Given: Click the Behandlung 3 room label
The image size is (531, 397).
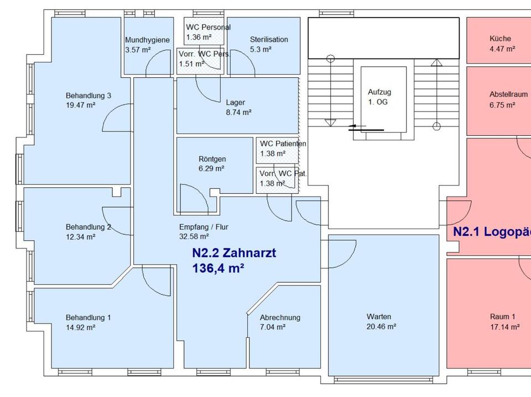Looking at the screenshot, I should click(88, 96).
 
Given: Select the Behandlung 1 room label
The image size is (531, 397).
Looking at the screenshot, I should click(88, 317).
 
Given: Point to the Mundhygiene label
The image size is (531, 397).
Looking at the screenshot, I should click(147, 40).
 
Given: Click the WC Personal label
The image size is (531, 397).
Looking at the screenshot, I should click(208, 27).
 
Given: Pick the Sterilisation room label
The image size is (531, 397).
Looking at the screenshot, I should click(269, 40).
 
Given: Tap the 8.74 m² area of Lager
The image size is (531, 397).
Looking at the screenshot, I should click(238, 112).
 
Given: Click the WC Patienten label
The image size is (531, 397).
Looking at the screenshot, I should click(283, 144).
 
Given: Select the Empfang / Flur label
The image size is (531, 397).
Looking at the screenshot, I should click(204, 227).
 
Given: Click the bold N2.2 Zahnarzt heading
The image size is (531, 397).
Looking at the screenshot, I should click(234, 253).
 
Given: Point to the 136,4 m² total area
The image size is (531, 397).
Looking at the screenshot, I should click(218, 269).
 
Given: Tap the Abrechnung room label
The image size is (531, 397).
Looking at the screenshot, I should click(280, 317).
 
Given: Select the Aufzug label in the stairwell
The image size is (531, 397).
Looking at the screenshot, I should click(379, 93).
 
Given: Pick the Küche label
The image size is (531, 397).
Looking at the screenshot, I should click(500, 39).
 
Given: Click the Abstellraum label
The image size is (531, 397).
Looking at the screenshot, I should click(508, 94).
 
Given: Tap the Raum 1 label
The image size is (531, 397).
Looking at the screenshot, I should click(502, 317).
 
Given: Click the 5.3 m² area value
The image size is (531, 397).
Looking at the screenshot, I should click(261, 49).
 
